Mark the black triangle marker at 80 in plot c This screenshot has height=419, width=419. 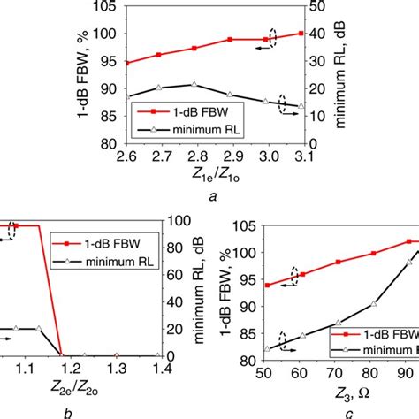pos(373,304)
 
